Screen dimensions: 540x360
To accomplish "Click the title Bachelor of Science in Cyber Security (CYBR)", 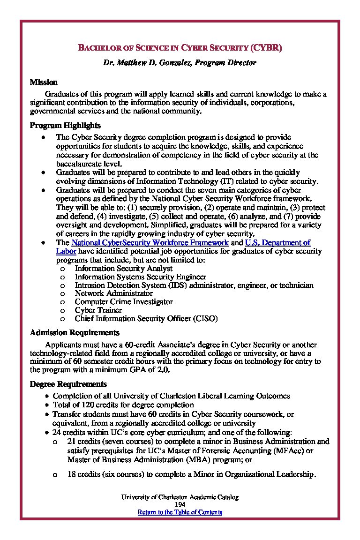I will coord(180,48).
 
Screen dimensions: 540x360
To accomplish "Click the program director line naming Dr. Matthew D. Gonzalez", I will coord(180,62).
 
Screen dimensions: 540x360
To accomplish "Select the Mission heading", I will coord(44,82).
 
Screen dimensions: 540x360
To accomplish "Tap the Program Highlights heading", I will coord(65,126).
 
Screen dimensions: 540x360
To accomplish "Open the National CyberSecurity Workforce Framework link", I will coord(150,243).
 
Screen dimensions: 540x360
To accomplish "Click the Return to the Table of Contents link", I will coord(180,512).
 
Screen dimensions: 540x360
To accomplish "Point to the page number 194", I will coord(180,504).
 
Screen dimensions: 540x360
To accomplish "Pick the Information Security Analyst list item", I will coord(124,269).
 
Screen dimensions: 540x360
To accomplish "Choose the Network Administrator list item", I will coord(114,293).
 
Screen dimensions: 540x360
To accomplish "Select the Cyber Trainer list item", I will coord(98,310).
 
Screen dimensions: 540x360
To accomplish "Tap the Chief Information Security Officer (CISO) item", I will coord(146,319).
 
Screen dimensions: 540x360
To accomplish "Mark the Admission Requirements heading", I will coord(75,333).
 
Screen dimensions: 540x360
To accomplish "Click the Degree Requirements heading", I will coord(68,384).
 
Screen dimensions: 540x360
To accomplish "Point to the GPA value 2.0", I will coord(164,369).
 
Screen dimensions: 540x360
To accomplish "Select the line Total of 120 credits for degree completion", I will coord(123,405).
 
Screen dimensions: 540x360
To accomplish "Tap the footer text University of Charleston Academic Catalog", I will coord(180,497).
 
